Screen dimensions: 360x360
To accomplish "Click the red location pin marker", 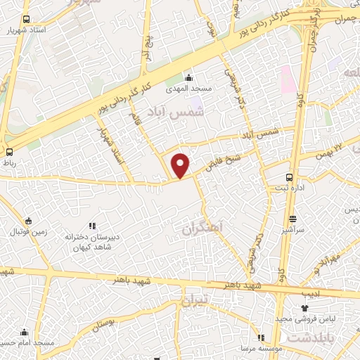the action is tap(181, 165).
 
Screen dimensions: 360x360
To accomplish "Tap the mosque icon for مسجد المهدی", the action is tap(188, 77).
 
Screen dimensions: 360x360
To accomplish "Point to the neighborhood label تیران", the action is tap(196, 302).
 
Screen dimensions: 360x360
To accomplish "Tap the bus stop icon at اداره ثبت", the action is tap(290, 177).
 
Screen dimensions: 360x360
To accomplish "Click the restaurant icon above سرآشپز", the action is tap(293, 219).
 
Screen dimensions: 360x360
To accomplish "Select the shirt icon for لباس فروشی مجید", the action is tap(304, 308).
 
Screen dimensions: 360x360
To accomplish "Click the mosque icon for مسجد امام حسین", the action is tap(25, 331).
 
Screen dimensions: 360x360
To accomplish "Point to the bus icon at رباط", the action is tap(9, 151).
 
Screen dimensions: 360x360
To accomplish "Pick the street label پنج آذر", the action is tap(146, 49).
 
